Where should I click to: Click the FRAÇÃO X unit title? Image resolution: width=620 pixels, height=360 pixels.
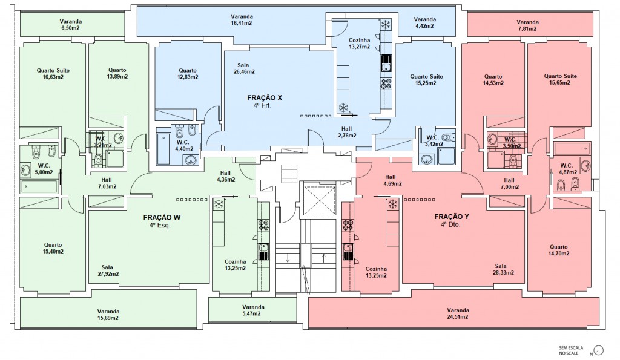[x=265, y=97]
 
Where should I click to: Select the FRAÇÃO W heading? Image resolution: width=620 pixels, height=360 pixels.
[x=162, y=217]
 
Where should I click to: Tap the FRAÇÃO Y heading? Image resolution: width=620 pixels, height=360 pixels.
[x=452, y=217]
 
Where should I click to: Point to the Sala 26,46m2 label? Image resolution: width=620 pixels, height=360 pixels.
[x=243, y=68]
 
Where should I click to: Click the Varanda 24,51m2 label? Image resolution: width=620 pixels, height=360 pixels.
[x=458, y=313]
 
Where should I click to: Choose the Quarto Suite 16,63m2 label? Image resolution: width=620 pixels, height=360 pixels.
[x=53, y=73]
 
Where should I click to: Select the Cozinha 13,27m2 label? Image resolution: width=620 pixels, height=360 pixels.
[x=360, y=43]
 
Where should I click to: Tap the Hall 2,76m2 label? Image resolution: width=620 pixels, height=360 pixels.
[x=347, y=132]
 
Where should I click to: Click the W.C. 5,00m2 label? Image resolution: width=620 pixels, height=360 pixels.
[x=44, y=169]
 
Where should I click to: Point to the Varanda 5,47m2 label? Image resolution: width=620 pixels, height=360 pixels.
[x=253, y=310]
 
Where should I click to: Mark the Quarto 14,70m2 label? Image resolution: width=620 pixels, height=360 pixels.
[x=558, y=250]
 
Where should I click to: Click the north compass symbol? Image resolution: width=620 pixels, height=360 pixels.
[x=599, y=350]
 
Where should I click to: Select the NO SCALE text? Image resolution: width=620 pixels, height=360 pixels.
[x=569, y=353]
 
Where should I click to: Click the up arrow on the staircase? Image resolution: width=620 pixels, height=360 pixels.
[x=325, y=258]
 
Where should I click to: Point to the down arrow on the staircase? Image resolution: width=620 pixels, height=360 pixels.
[x=288, y=258]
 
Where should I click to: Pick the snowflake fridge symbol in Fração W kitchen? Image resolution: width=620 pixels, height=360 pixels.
[x=218, y=205]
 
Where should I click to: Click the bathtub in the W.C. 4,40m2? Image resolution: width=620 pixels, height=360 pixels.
[x=163, y=149]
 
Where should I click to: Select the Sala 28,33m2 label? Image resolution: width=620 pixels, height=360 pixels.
[x=503, y=269]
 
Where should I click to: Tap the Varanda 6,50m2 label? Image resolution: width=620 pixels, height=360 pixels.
[x=71, y=25]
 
